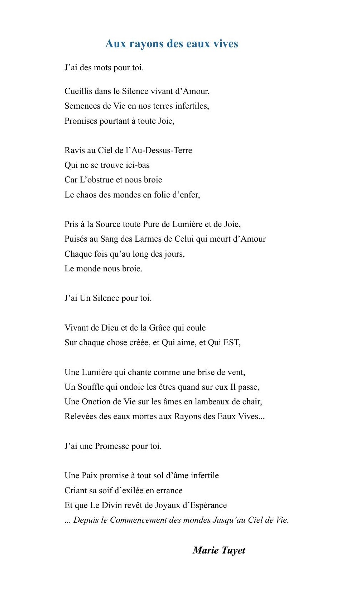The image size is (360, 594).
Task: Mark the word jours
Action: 176,254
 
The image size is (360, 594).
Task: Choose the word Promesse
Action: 112,446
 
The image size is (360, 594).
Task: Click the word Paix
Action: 90,475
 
